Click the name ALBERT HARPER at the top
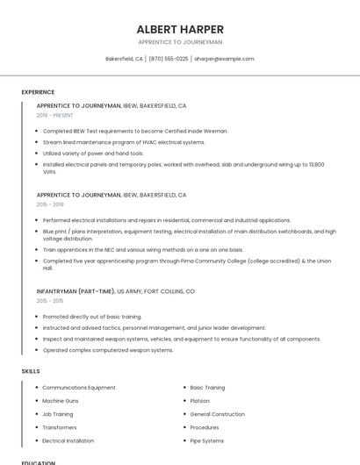click(180, 29)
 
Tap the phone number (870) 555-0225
click(169, 59)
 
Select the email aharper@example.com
click(224, 59)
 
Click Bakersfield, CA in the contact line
click(124, 59)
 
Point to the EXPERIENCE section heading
click(38, 92)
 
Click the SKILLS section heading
click(31, 371)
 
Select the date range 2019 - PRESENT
click(55, 115)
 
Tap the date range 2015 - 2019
click(50, 204)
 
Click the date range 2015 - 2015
click(50, 301)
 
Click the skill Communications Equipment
click(79, 387)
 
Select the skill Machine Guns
click(61, 401)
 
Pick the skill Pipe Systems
click(207, 440)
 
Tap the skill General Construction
click(218, 414)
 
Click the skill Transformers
click(61, 427)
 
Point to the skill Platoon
click(200, 401)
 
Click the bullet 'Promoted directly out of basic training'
click(92, 317)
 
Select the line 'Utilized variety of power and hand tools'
click(93, 153)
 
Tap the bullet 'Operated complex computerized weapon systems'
click(108, 350)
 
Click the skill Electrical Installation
click(68, 440)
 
